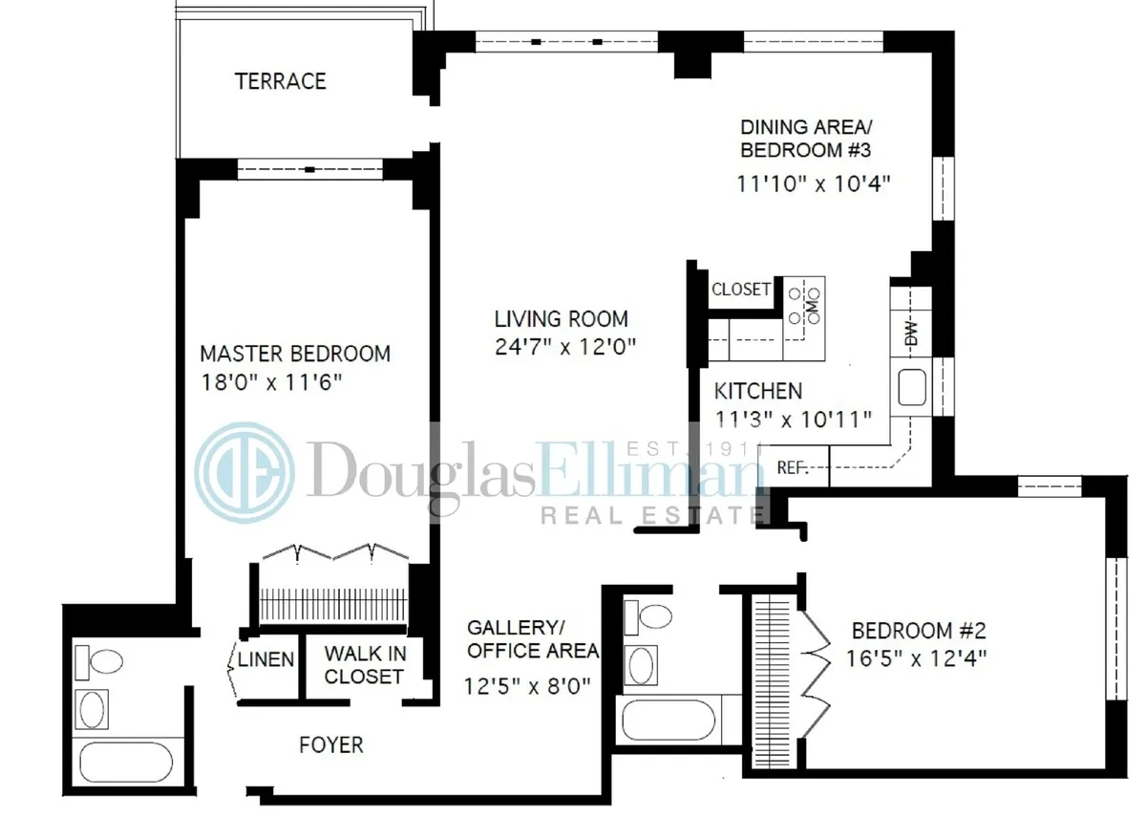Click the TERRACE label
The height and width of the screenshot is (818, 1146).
point(281,81)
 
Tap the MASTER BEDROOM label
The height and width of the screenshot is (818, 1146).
point(295,354)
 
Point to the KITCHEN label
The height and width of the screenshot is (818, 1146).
point(758,391)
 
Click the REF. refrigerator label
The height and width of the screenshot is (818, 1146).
point(794,468)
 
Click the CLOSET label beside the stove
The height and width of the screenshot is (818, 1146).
point(742,290)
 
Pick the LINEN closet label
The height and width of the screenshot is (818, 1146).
point(265,659)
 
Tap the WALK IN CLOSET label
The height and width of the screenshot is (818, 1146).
point(365,665)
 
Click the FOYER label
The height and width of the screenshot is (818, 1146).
point(330,744)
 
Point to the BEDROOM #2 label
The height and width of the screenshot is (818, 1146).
point(918,632)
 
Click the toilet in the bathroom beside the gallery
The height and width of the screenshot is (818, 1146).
point(649,616)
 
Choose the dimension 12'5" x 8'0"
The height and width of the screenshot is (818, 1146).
point(529,685)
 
